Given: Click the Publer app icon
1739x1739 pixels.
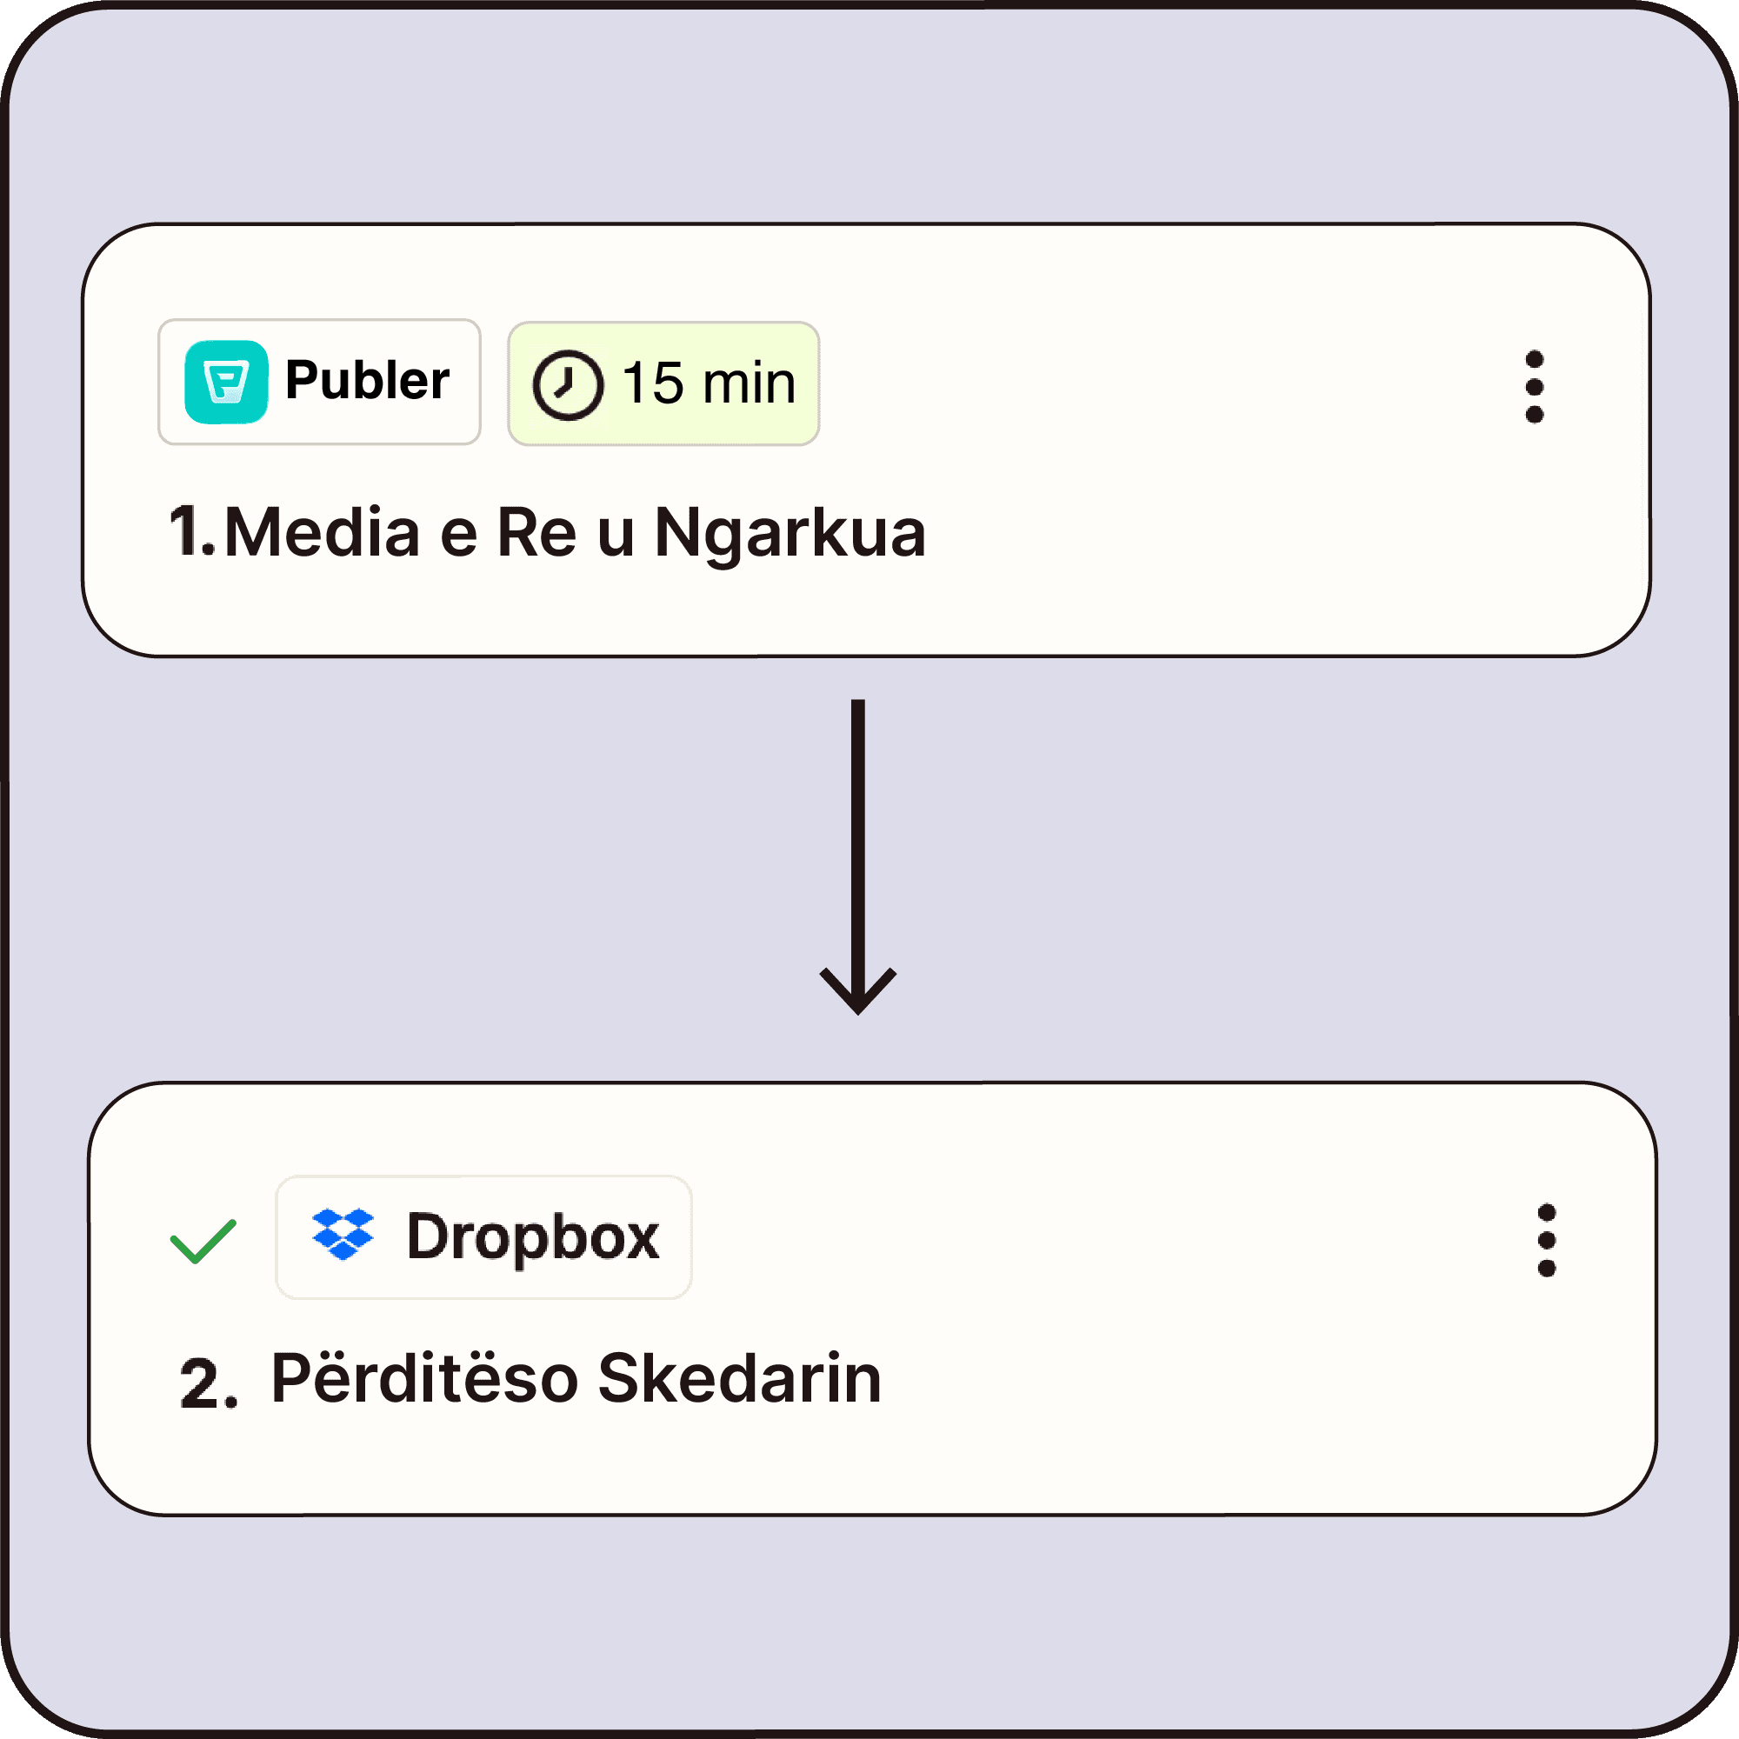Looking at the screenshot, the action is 226,382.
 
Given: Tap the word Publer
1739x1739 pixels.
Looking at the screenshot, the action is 367,380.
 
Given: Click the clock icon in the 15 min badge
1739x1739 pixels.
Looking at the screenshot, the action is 567,384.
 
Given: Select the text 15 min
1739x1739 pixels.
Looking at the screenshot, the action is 709,383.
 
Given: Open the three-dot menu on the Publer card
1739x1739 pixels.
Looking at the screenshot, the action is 1535,387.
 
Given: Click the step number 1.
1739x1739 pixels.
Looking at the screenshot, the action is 190,531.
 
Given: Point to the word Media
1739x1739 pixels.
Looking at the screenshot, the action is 323,533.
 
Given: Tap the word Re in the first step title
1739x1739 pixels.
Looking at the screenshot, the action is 536,533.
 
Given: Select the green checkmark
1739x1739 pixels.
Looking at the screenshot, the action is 203,1242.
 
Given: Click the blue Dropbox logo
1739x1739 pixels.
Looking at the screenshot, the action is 343,1234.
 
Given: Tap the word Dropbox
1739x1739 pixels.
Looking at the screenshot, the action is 533,1236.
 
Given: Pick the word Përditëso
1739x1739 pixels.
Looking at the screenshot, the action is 424,1378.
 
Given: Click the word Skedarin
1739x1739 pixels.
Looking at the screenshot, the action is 739,1378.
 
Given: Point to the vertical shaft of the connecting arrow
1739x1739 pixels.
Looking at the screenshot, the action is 858,837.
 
